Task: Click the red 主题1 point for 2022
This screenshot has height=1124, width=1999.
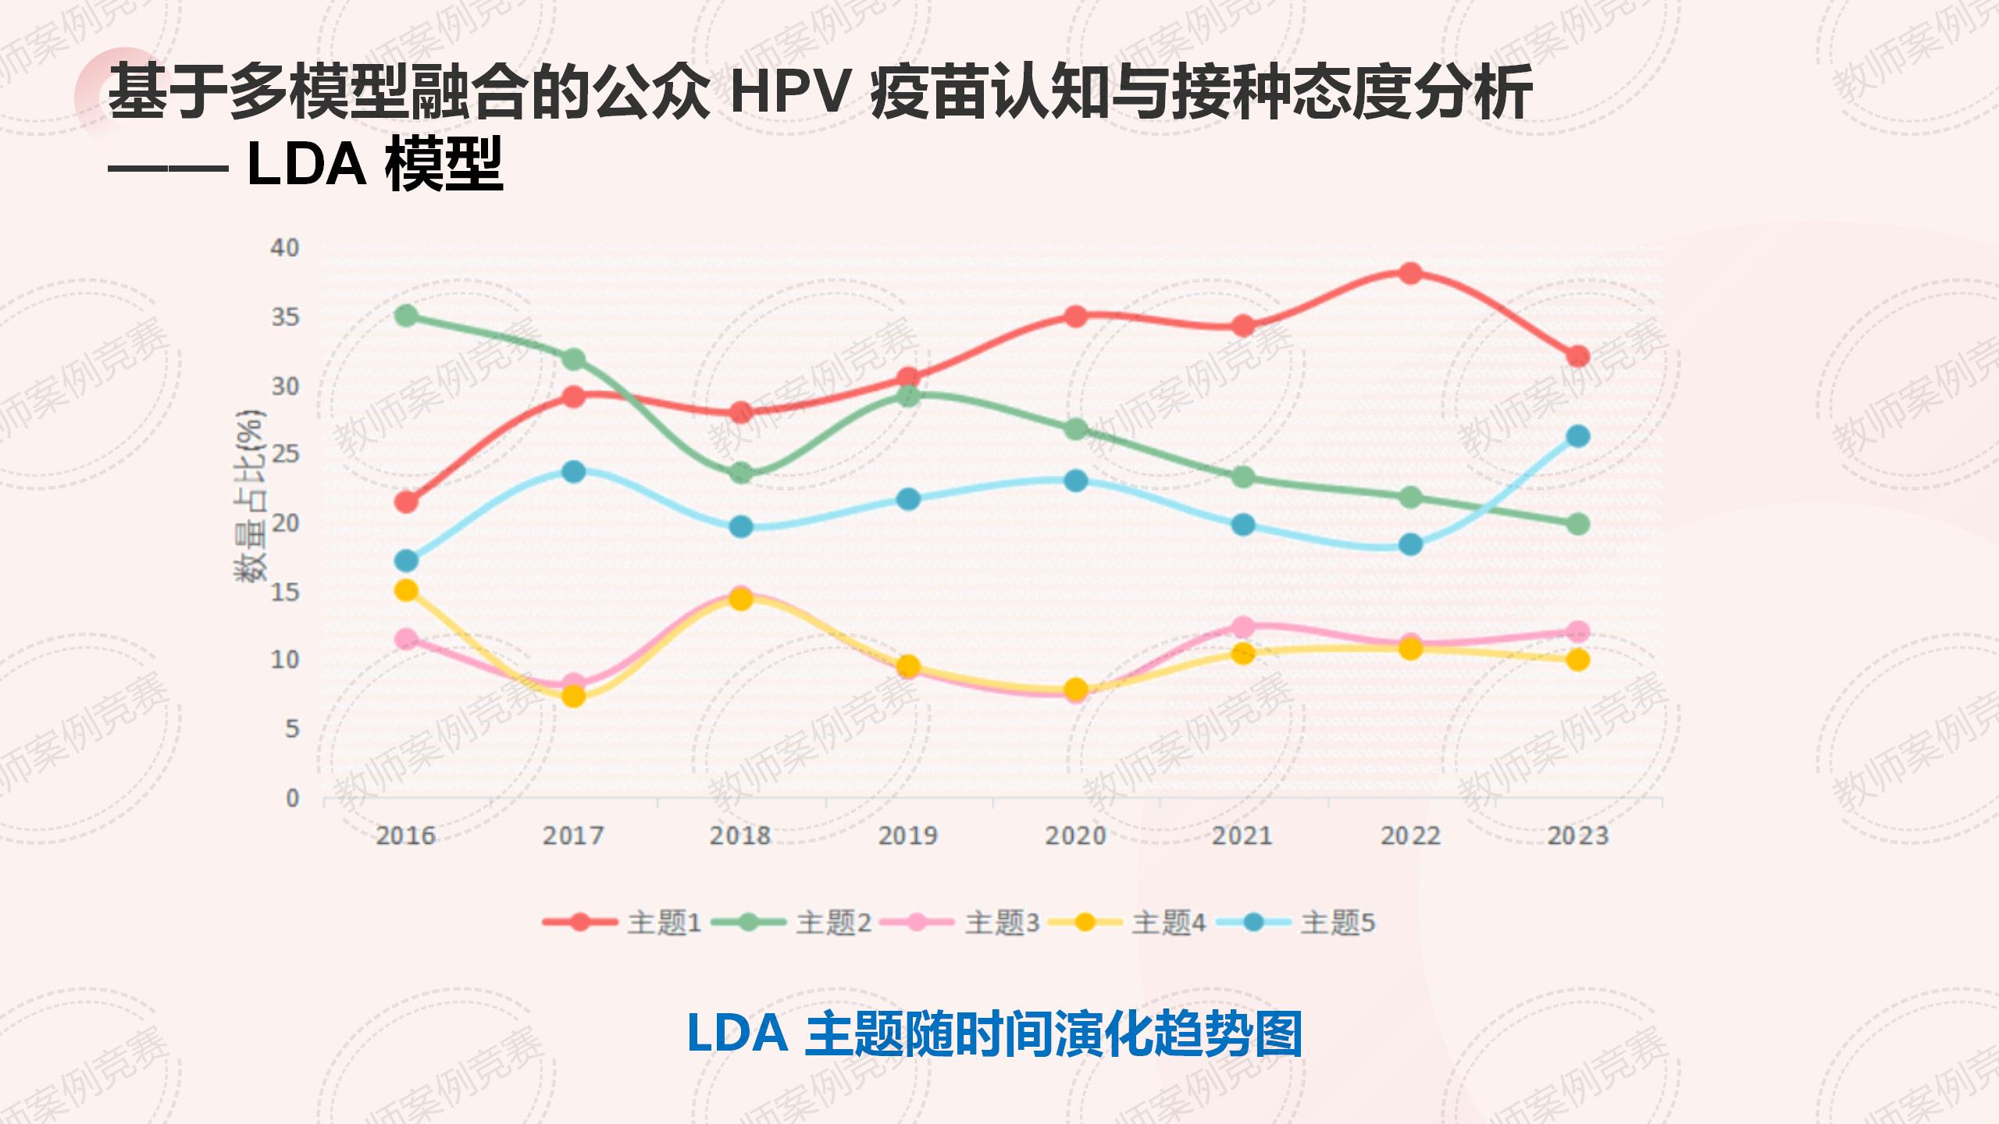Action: point(1410,273)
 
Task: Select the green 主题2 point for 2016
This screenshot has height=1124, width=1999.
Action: point(406,316)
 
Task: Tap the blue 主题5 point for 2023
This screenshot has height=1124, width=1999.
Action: point(1578,436)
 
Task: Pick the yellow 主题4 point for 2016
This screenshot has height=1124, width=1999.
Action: point(406,590)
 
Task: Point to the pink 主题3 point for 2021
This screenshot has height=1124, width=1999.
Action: point(1243,627)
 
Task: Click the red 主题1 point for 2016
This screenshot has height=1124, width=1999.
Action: point(406,502)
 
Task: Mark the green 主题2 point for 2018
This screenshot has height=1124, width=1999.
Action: point(741,473)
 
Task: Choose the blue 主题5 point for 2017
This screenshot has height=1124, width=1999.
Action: point(574,471)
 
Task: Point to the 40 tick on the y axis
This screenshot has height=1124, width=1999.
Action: point(285,248)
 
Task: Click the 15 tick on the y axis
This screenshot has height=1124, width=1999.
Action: point(285,592)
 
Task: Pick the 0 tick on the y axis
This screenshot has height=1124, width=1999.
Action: point(292,798)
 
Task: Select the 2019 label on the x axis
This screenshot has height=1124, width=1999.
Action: point(908,836)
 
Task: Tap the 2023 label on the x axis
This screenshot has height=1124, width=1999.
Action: point(1578,836)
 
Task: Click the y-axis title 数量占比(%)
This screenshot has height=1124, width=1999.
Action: point(250,496)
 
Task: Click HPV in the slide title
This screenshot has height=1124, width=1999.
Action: point(789,93)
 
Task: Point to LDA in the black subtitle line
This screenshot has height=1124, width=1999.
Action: point(306,165)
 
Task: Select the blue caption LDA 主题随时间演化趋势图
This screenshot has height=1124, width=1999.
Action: point(995,1033)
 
